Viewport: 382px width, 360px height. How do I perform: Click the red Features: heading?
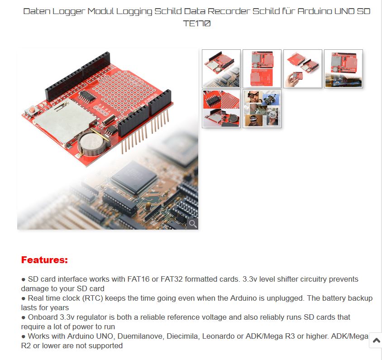point(44,260)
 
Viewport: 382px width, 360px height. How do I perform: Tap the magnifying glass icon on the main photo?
point(193,223)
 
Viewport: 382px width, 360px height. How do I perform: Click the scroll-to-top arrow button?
point(376,340)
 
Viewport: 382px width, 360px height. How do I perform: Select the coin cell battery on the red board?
point(93,144)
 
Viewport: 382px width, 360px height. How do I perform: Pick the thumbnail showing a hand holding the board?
point(303,69)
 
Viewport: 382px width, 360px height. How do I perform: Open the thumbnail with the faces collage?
point(262,109)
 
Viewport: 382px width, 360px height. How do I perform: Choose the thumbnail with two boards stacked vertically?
point(262,69)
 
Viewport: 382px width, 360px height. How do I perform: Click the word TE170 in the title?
point(197,24)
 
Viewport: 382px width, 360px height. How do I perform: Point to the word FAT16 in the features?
point(138,279)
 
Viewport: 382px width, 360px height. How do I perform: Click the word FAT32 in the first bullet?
point(172,279)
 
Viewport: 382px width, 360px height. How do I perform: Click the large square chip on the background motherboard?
point(134,178)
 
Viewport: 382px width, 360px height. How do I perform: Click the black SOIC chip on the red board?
point(87,97)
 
